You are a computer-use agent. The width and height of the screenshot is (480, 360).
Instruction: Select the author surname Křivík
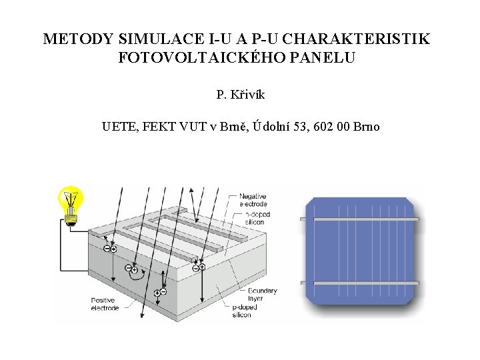tap(247, 95)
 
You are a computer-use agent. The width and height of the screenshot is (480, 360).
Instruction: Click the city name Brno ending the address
tap(367, 126)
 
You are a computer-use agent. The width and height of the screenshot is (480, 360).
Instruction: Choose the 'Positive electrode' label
tap(105, 304)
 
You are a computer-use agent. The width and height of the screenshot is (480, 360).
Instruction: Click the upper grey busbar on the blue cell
tap(361, 219)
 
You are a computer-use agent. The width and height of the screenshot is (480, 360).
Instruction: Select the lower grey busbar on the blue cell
tap(361, 283)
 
